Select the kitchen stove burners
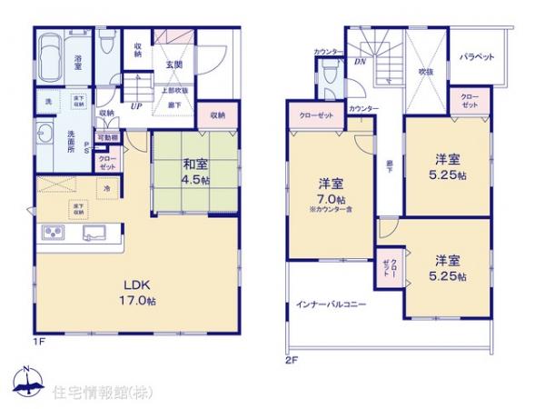tap(52, 238)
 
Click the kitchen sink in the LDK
tap(94, 234)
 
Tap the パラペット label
tap(476, 56)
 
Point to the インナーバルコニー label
tap(330, 304)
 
